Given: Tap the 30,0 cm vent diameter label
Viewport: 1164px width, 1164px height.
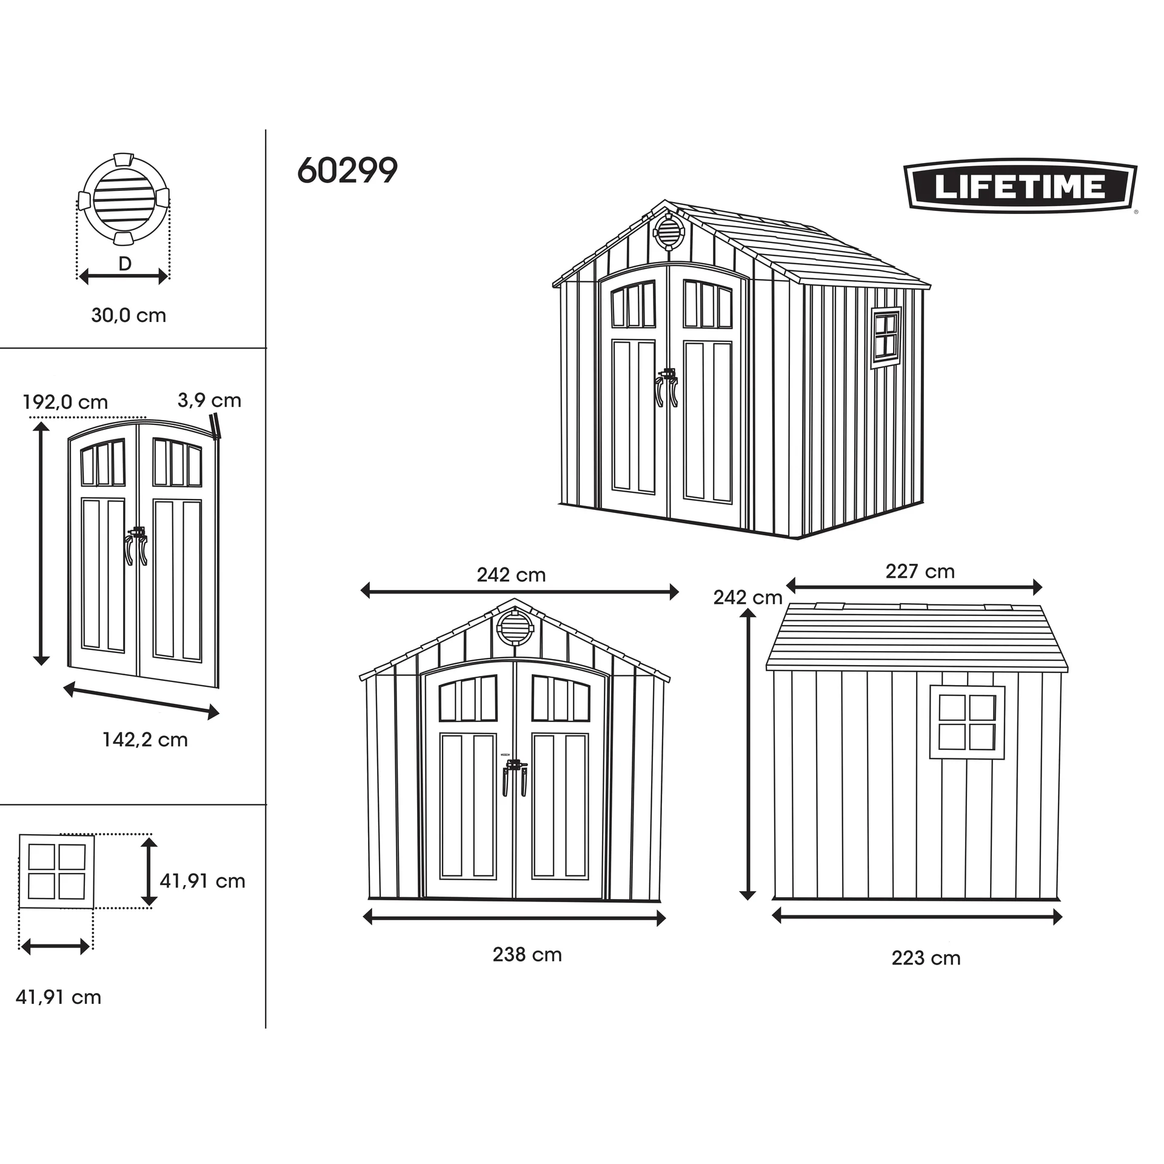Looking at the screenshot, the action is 129,315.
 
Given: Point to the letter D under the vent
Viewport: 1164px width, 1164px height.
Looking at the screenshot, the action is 124,264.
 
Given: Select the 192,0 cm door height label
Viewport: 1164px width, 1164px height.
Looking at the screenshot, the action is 65,402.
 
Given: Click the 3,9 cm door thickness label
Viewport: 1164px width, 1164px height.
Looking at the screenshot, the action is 209,400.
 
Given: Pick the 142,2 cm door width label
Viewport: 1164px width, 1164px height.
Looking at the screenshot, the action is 145,740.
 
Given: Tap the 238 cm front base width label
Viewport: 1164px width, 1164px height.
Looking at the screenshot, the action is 527,954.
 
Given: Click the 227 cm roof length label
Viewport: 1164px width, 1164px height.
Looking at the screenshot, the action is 920,571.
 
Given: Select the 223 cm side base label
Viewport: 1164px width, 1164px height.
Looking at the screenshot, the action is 926,958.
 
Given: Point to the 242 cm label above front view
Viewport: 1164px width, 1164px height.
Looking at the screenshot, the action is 511,575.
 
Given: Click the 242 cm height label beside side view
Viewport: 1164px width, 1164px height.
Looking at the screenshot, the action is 748,598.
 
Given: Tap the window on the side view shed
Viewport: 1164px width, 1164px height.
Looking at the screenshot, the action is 967,722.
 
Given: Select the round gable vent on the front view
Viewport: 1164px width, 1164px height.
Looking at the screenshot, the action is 514,628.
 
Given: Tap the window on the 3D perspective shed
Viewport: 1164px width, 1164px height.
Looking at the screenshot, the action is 886,338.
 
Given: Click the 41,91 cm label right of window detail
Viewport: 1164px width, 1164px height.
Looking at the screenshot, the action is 202,881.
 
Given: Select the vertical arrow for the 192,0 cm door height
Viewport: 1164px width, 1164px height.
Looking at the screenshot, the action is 41,544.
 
